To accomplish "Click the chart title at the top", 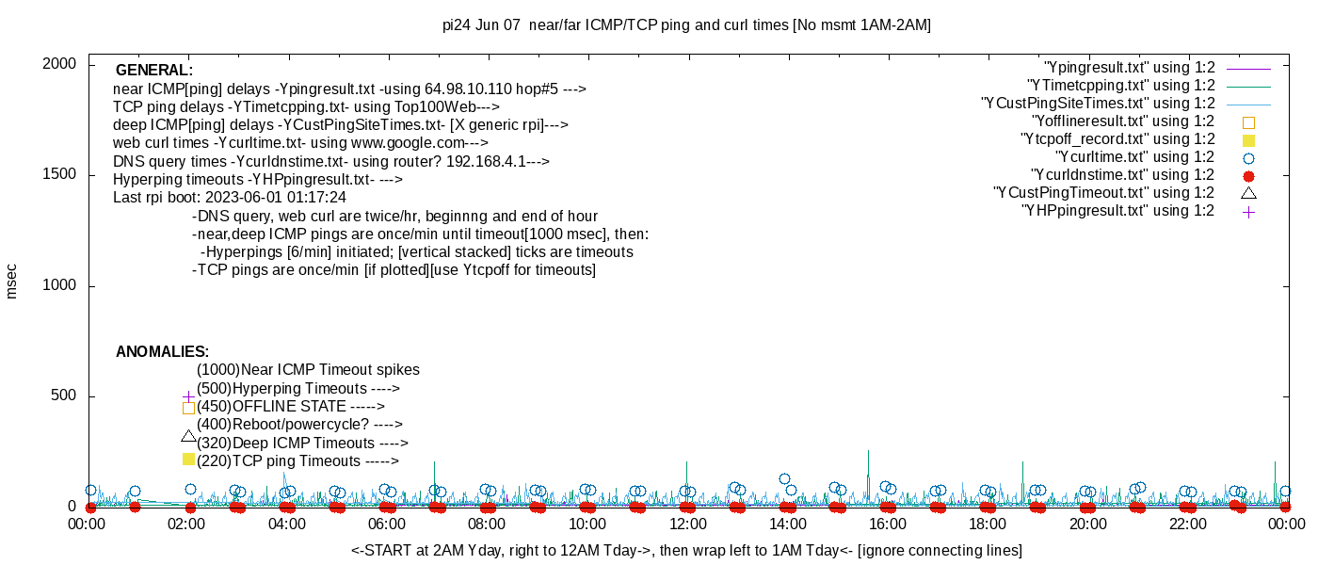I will [686, 25].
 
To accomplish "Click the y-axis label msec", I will [12, 281].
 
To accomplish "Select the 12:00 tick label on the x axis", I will [687, 524].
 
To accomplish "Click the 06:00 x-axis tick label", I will [387, 524].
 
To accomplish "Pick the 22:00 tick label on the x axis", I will [1188, 524].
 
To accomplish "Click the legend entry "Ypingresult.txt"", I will [1130, 68].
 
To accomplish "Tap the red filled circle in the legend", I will [1248, 175].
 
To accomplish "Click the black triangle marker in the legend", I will [1248, 193].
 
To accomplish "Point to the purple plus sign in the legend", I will [1248, 211].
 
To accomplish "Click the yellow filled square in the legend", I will [1248, 139].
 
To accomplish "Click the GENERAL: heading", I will [154, 71].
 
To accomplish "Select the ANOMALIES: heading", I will [162, 352].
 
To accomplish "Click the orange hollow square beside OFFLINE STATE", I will [188, 408].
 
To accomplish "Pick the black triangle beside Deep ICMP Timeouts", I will [188, 436].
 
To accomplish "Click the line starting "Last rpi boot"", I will [230, 198].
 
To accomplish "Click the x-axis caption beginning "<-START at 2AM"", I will [686, 550].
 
